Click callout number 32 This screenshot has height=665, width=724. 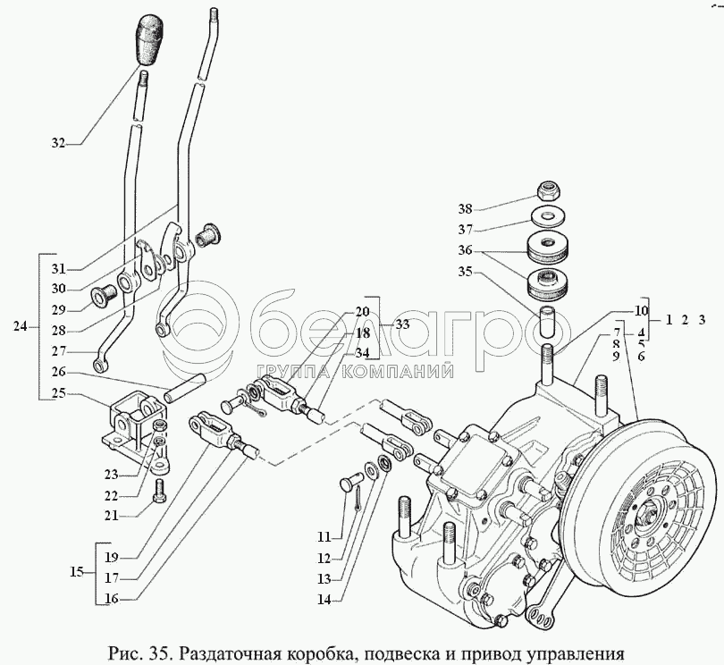point(59,143)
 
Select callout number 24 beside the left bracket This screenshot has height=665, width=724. point(20,326)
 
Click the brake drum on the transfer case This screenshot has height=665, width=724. point(643,509)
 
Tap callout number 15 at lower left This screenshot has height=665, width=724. point(77,572)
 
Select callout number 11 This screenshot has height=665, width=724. point(323,537)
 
